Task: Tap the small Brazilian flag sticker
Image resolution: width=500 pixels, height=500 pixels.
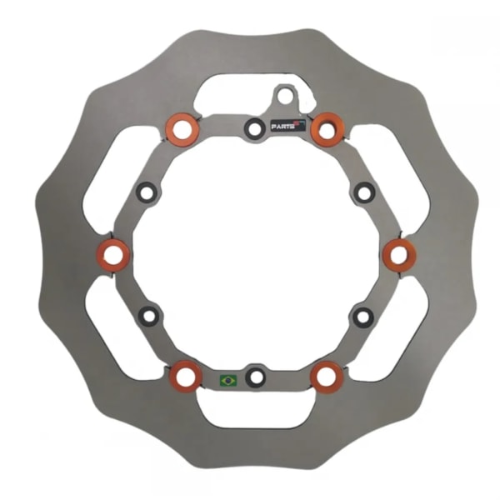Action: point(227,380)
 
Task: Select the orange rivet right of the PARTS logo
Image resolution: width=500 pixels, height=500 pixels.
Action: point(327,129)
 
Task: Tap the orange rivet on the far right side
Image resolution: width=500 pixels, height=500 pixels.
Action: point(398,254)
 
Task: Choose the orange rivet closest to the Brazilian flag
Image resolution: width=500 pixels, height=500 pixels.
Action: point(185,377)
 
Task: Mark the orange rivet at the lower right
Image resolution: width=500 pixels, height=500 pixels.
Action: point(327,377)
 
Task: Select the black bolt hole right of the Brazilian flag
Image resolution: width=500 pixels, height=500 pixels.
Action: point(256,377)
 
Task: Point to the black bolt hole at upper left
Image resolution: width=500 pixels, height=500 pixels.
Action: point(147,192)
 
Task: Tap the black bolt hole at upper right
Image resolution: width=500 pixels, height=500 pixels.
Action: point(364,192)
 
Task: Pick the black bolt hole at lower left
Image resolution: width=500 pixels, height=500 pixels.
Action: point(148,316)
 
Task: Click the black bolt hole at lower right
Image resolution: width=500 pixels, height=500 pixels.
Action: point(363,316)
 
